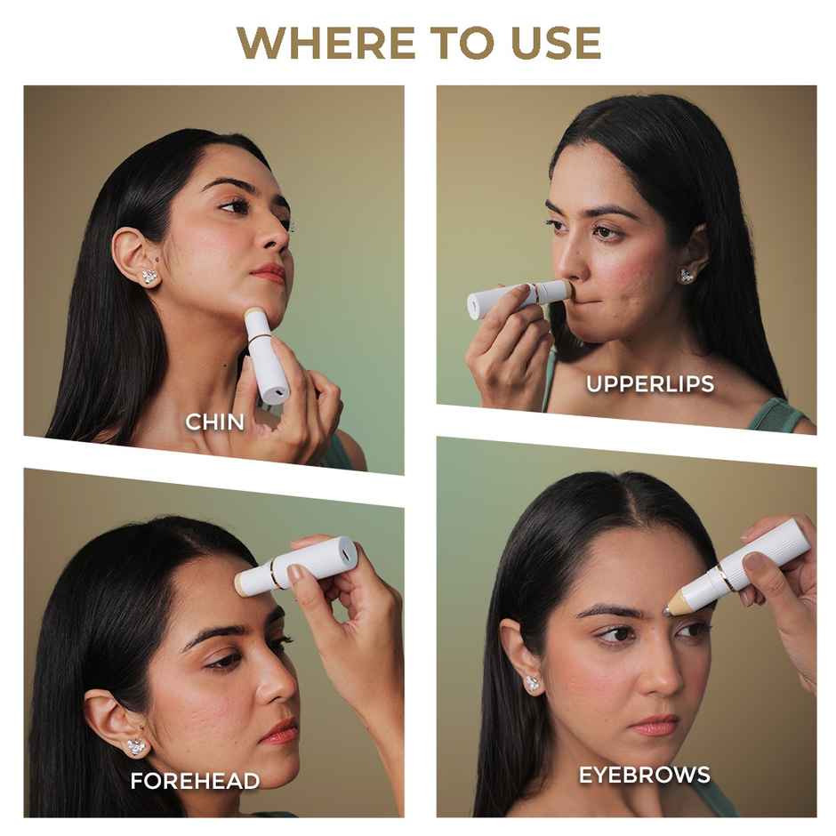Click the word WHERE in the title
326,43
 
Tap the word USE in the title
556,43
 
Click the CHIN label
214,422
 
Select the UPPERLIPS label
650,384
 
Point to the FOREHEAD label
195,781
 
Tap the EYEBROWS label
645,775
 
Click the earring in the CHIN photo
149,277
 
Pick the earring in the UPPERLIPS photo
687,276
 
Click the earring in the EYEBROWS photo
533,684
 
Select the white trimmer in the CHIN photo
266,354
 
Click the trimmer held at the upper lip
520,299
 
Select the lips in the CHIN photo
269,273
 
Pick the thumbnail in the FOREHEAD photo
294,573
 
